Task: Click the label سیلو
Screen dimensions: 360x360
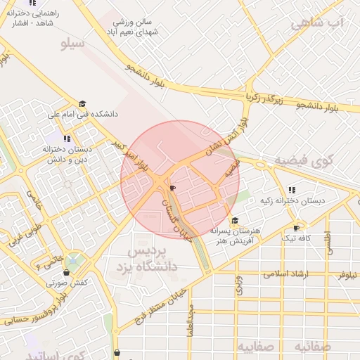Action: coord(73,44)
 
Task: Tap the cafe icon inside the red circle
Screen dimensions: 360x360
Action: coord(173,188)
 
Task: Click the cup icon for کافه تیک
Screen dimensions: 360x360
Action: coord(296,228)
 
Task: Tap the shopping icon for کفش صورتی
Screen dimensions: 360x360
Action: coord(70,271)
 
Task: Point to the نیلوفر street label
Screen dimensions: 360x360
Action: coord(344,276)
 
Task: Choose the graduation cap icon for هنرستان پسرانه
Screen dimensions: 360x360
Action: coord(234,221)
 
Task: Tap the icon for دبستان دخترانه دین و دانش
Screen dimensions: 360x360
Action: coord(67,139)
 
